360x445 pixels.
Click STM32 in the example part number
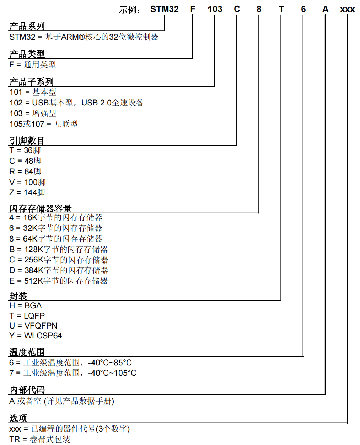[164, 9]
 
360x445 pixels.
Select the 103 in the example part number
[215, 9]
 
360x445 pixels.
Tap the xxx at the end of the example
[347, 10]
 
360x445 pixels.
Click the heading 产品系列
[27, 26]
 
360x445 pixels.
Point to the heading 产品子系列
[31, 82]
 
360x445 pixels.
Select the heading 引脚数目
[27, 141]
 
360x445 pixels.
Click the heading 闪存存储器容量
[41, 209]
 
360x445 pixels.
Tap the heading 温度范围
[27, 352]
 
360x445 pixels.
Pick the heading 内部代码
[27, 390]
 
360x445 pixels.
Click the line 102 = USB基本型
[76, 103]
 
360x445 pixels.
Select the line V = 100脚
[27, 182]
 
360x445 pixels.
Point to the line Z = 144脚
[27, 192]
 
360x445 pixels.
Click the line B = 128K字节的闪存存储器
[59, 249]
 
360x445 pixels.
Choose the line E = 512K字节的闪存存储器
[59, 281]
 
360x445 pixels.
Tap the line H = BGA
[25, 305]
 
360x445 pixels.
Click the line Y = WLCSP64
[36, 336]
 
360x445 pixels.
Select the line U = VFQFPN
[33, 326]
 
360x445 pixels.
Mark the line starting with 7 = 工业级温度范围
[73, 373]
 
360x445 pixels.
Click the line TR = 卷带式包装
[40, 439]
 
